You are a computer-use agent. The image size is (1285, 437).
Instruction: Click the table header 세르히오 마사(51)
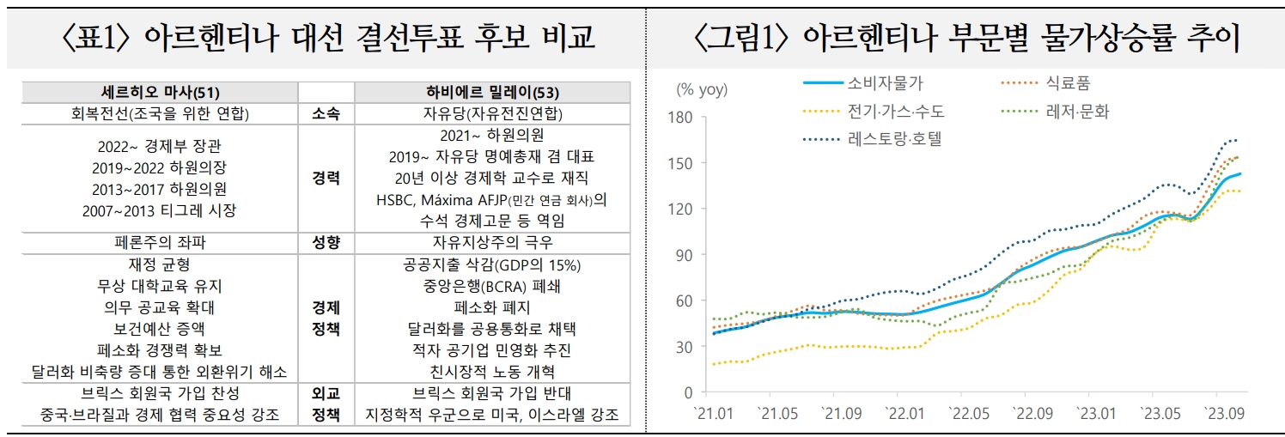tap(160, 93)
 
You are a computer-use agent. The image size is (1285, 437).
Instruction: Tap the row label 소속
tap(326, 113)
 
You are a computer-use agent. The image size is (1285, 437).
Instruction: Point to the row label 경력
tap(326, 178)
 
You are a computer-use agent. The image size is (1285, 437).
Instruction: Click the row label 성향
tap(326, 243)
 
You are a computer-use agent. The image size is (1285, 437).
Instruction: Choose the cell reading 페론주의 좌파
tap(160, 243)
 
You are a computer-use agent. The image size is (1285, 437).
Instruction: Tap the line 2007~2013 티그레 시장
tap(160, 210)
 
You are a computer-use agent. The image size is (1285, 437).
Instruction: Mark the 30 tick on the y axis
tap(685, 347)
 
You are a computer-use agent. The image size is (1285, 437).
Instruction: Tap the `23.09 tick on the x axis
tap(1224, 413)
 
